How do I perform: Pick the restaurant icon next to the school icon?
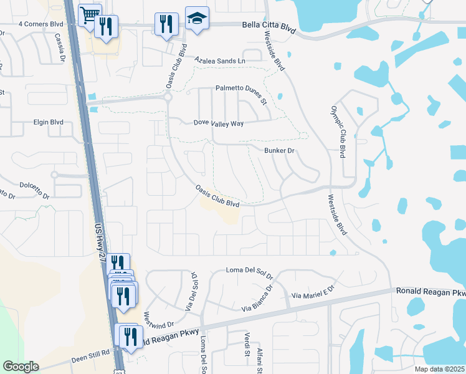(166, 24)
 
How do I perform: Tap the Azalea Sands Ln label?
(220, 60)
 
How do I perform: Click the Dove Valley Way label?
(219, 123)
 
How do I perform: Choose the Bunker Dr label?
(278, 151)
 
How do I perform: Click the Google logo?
(21, 367)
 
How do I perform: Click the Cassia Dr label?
(60, 48)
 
